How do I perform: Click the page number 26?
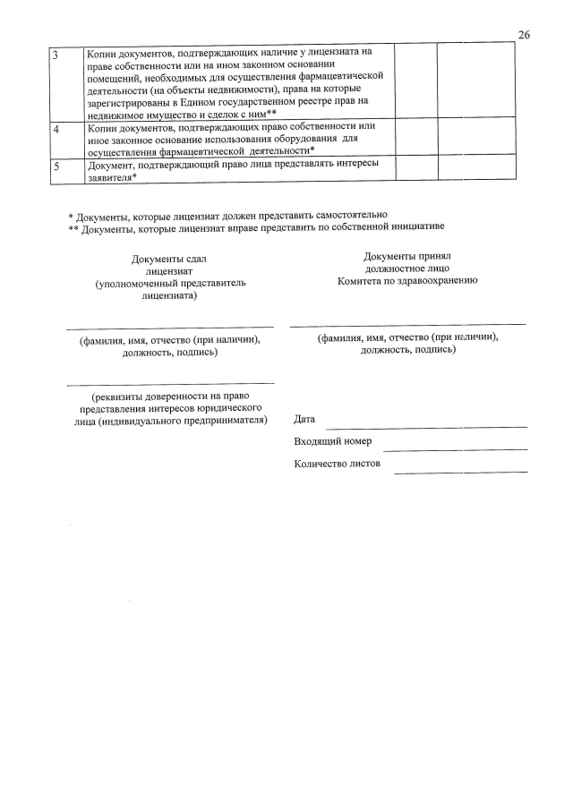[524, 35]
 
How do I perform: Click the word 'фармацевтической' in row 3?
[332, 77]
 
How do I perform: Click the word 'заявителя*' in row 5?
[112, 177]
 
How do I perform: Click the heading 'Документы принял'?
[407, 256]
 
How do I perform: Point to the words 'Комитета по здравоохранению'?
[407, 280]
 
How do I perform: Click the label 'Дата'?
[304, 419]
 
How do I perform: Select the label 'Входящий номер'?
[332, 441]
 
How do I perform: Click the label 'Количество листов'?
[338, 464]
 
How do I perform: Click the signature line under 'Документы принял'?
[407, 324]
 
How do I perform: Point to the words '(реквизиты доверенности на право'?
[169, 396]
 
